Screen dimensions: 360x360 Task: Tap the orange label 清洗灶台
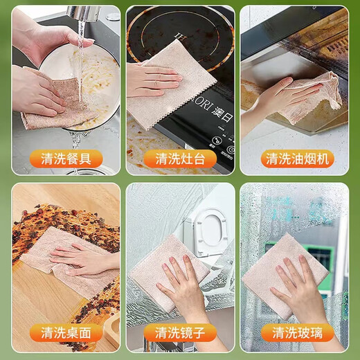pyautogui.click(x=179, y=159)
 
